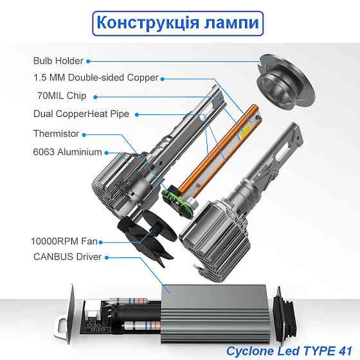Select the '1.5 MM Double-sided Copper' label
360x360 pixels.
pyautogui.click(x=96, y=78)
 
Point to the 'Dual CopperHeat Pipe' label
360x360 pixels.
pyautogui.click(x=81, y=114)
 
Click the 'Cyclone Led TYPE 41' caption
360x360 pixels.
pyautogui.click(x=289, y=350)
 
